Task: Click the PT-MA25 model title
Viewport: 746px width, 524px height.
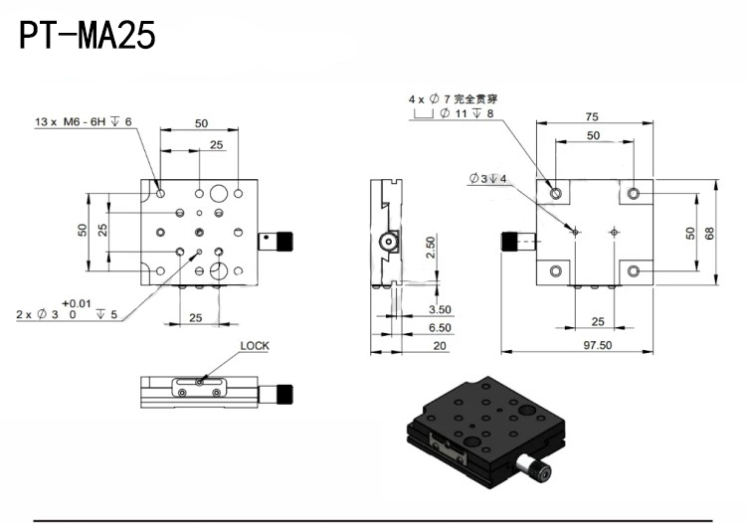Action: [x=88, y=36]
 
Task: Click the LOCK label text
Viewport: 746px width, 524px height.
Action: [x=255, y=346]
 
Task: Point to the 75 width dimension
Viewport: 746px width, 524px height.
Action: [x=592, y=115]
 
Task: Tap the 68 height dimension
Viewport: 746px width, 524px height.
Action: [x=708, y=232]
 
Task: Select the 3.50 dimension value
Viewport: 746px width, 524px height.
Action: [x=440, y=310]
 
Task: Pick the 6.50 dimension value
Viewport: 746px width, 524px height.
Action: [x=440, y=327]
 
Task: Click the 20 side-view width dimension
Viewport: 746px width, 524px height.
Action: [x=440, y=345]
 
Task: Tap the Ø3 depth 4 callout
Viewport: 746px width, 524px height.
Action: [x=488, y=179]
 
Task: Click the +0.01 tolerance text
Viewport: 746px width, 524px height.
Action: [x=77, y=302]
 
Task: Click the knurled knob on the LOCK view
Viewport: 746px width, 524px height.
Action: [x=284, y=393]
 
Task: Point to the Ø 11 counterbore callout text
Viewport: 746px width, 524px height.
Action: [x=460, y=114]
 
